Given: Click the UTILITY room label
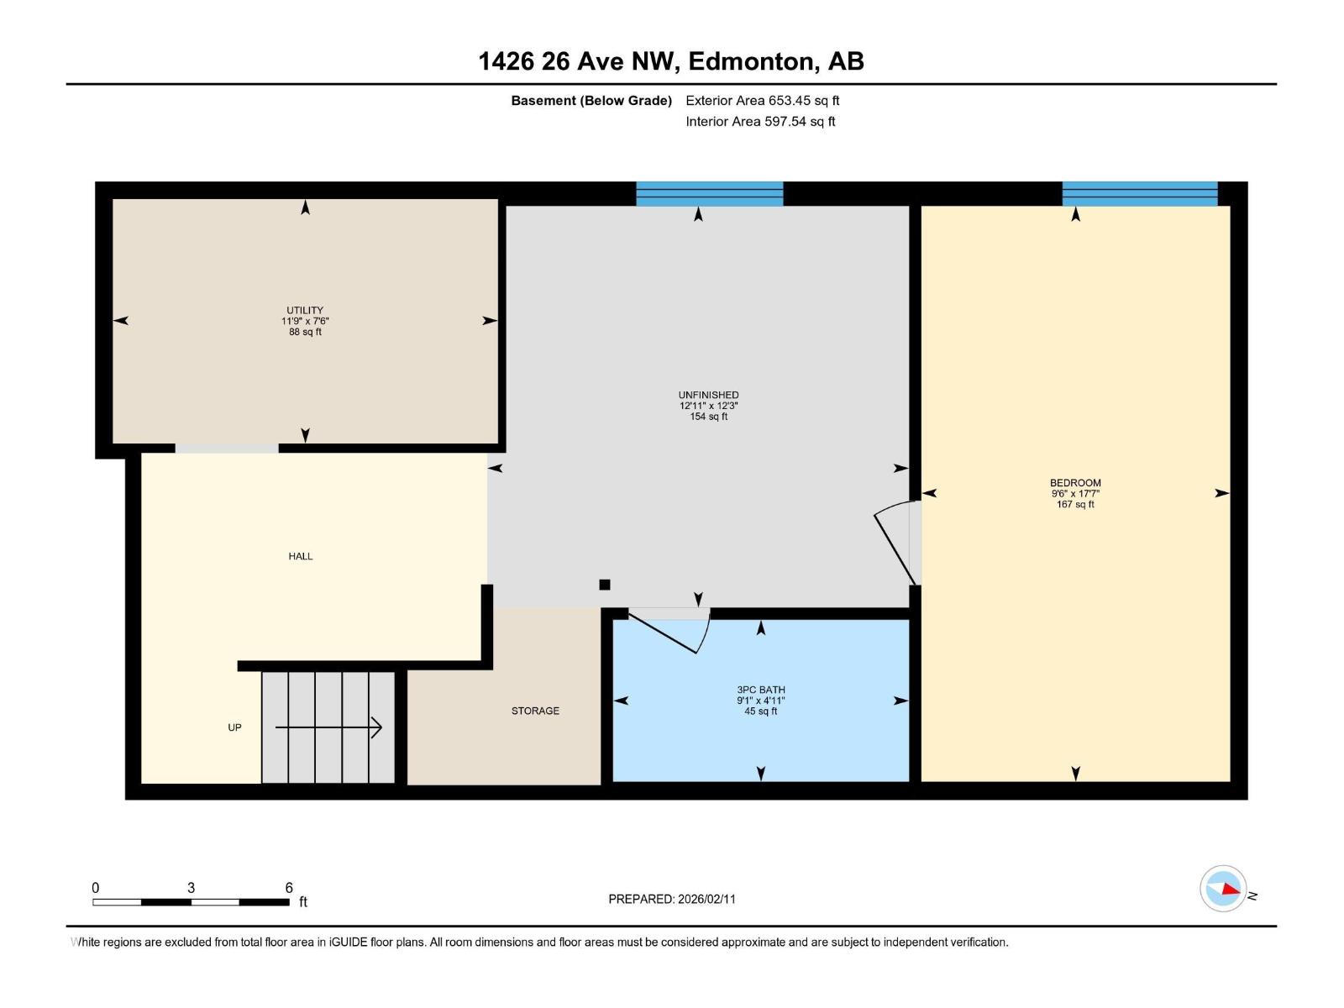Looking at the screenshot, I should tap(304, 310).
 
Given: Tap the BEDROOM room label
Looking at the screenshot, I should tap(1075, 483).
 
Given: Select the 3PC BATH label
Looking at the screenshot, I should tap(761, 690).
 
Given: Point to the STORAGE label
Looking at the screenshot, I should tap(535, 711).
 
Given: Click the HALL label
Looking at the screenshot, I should tap(301, 556).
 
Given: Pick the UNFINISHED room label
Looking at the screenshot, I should tap(708, 395).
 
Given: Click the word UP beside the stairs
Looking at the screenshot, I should tap(234, 727).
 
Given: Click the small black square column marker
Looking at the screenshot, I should tap(604, 585).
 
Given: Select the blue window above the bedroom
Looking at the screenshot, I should tap(1139, 194).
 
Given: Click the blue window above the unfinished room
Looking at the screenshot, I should tap(709, 194).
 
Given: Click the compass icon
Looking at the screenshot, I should tap(1223, 889).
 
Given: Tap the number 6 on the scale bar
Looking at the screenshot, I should tap(289, 888).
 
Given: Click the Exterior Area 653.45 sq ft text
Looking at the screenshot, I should tap(762, 101).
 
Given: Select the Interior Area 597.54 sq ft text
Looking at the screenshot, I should tap(760, 122).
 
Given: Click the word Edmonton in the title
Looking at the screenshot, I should tap(753, 61).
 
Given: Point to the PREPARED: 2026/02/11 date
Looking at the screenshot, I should tap(671, 899).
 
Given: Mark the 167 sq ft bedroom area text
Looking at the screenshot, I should tap(1075, 505).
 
